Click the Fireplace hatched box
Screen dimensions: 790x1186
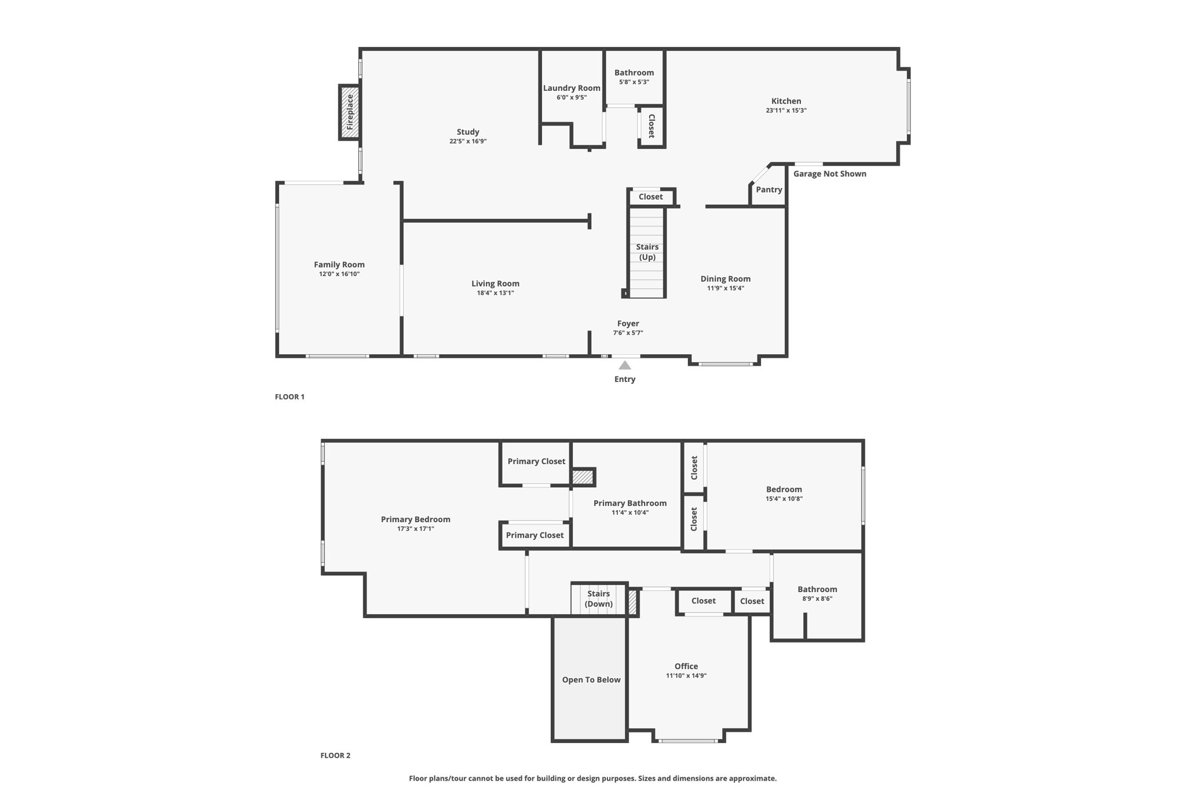(x=349, y=112)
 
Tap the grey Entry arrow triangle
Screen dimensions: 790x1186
(x=624, y=365)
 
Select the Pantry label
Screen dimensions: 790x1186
(x=768, y=190)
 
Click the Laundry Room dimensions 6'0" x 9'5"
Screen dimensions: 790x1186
(x=571, y=98)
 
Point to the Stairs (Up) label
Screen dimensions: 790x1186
(x=647, y=252)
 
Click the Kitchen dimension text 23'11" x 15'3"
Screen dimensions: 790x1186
(x=786, y=111)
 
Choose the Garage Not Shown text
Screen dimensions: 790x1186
(x=829, y=174)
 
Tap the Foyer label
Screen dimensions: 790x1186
(x=628, y=324)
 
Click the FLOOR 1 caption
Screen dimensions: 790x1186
(x=289, y=397)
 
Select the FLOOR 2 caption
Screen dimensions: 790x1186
(x=335, y=755)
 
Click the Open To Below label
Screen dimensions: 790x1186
(x=591, y=680)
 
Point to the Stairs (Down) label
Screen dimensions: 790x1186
(x=598, y=599)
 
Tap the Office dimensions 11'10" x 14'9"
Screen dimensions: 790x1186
(x=686, y=676)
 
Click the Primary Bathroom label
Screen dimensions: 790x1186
(x=629, y=504)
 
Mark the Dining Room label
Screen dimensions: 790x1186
(x=725, y=279)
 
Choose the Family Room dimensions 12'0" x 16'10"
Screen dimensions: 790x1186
(x=339, y=274)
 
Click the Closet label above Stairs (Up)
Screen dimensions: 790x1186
(x=650, y=197)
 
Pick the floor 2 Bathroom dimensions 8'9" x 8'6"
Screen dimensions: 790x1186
(x=817, y=599)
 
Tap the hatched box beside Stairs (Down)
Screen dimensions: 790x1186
(x=632, y=602)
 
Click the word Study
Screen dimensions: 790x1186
(x=467, y=132)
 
